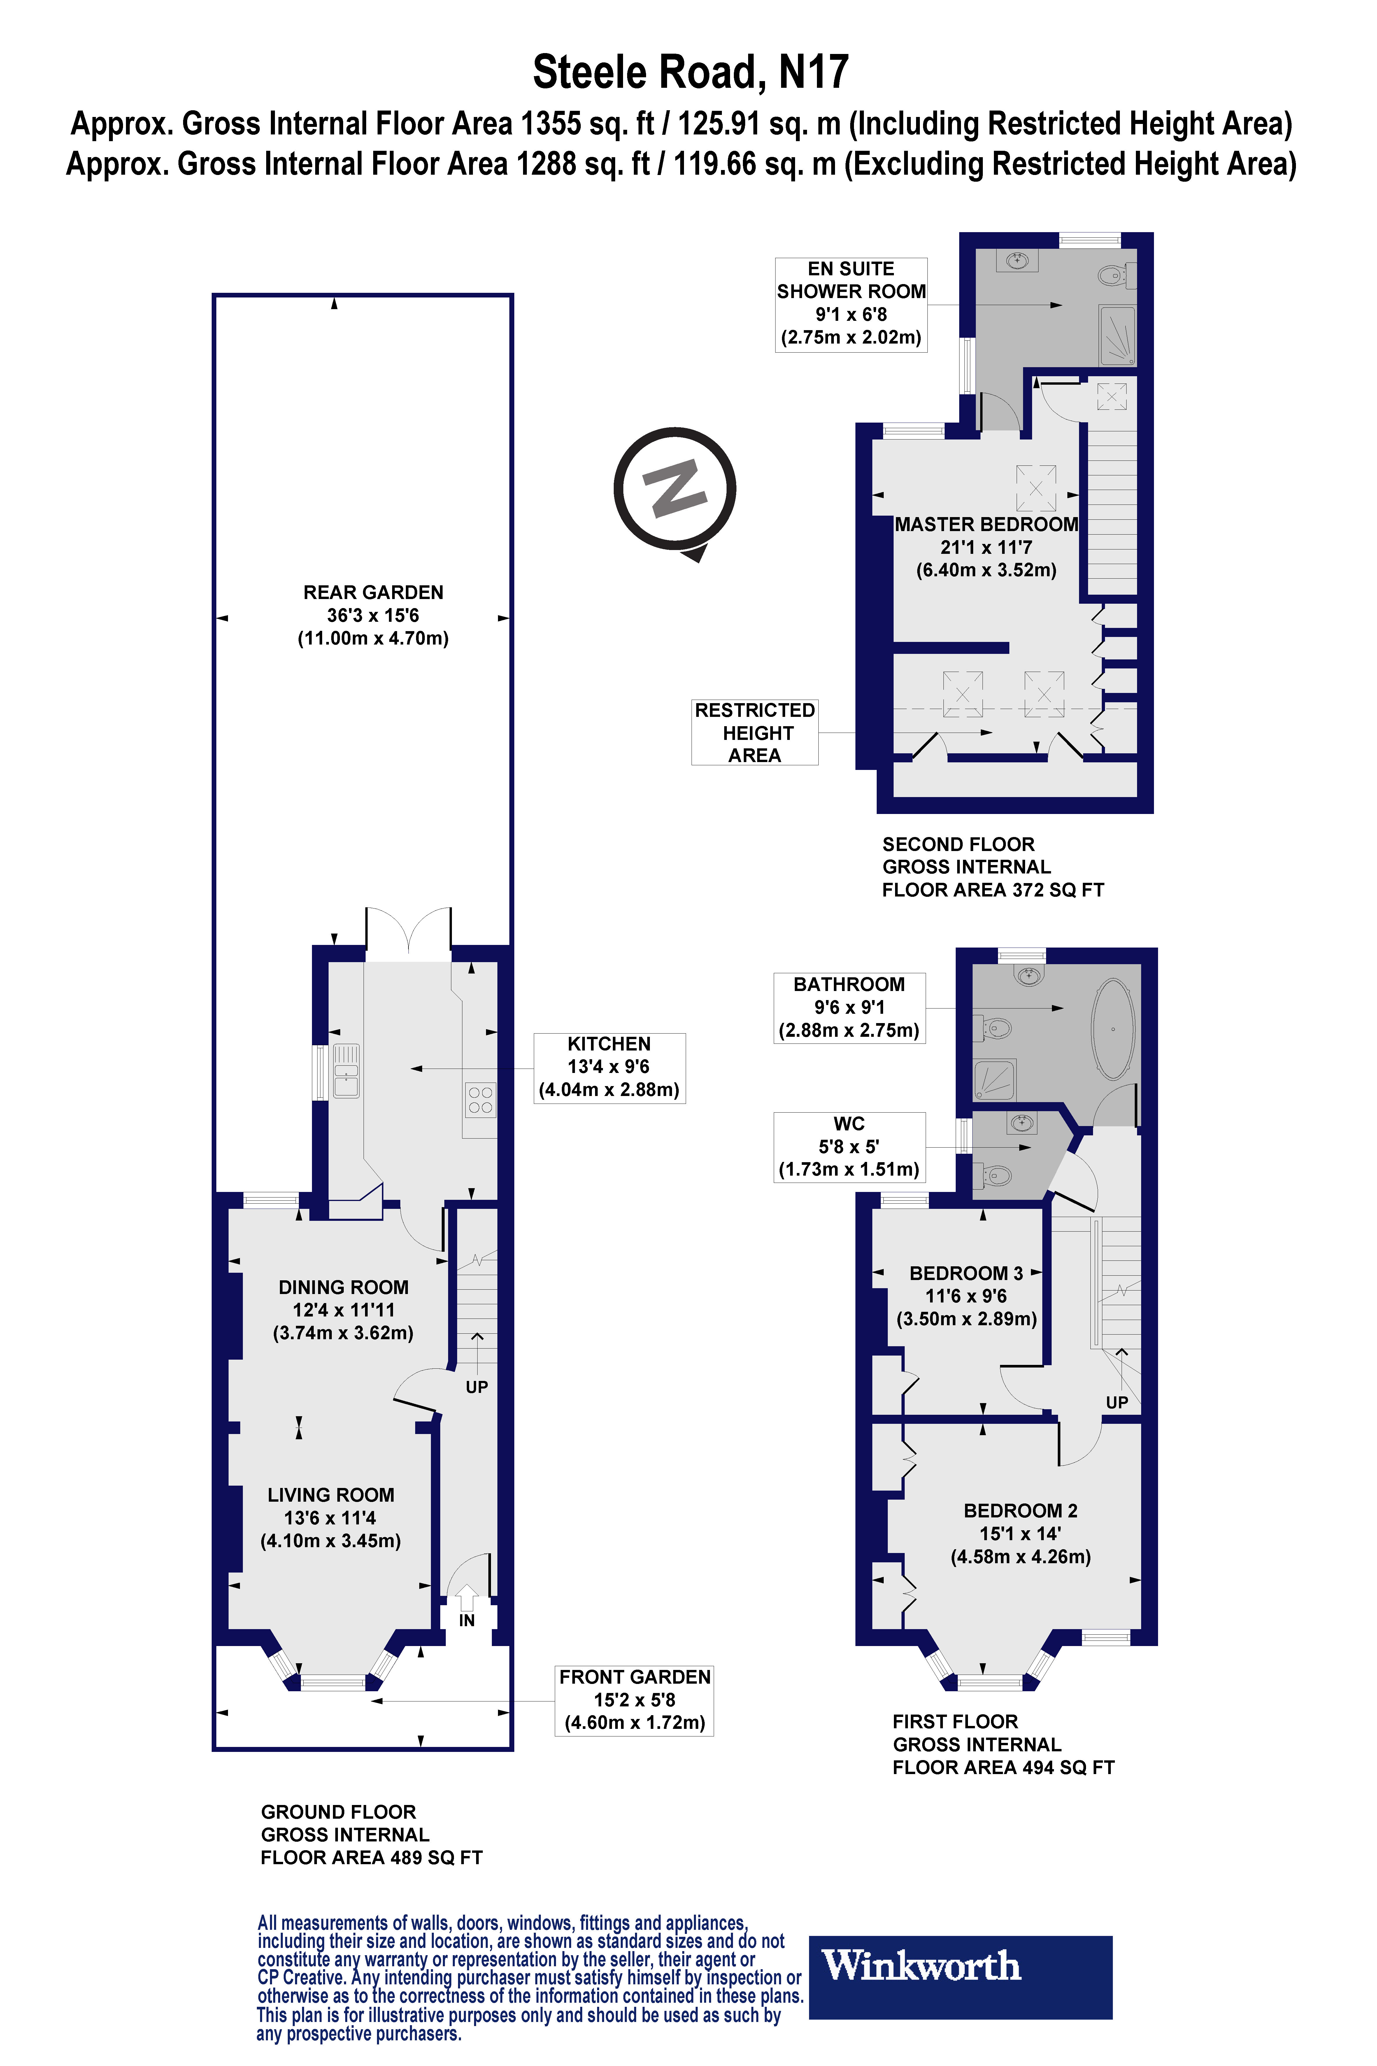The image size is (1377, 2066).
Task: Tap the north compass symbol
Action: [x=674, y=489]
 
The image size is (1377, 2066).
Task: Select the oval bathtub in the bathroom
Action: [x=1113, y=1028]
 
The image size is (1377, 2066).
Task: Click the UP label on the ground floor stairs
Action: [x=477, y=1387]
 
